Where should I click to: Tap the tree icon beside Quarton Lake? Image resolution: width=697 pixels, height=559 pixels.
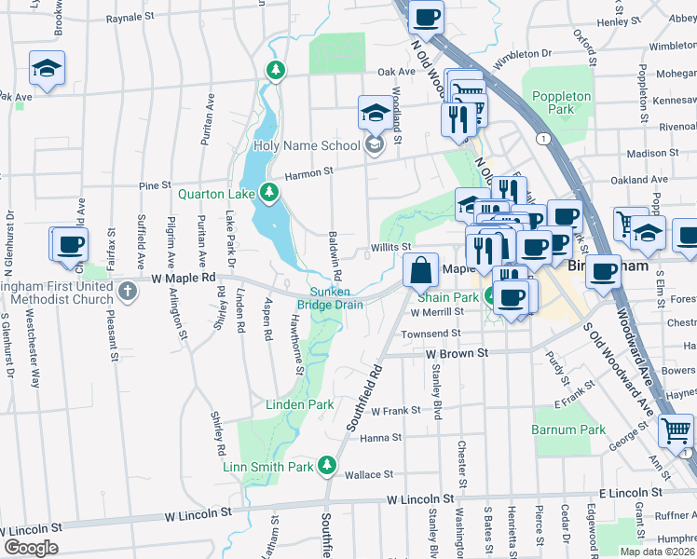click(269, 193)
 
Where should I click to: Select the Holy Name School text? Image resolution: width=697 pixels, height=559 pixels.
click(306, 145)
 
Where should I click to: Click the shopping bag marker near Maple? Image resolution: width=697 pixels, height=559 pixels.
click(421, 270)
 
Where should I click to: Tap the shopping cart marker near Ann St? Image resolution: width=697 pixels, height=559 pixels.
click(676, 430)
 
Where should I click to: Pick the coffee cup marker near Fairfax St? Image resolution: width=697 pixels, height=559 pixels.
click(70, 245)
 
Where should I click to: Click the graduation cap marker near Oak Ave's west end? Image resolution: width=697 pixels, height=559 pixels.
click(46, 68)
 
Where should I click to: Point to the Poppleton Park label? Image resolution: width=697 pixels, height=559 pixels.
click(561, 102)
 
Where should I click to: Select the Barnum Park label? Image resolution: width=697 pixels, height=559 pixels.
click(568, 429)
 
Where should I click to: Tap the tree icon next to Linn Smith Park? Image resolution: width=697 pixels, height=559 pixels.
click(326, 464)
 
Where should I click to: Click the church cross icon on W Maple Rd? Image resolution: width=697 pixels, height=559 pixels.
click(127, 293)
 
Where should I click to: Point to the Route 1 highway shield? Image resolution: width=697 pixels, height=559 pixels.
click(541, 138)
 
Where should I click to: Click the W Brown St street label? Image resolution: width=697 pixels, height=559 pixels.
click(457, 354)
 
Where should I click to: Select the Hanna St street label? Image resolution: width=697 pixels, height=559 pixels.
click(380, 437)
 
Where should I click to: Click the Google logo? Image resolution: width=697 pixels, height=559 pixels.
click(31, 547)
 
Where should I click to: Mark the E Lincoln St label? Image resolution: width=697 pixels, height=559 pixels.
click(630, 492)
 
